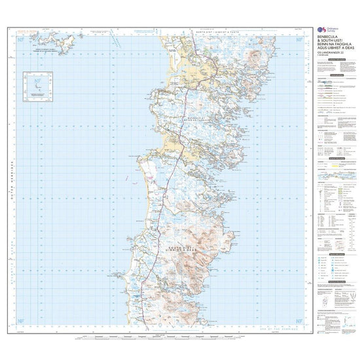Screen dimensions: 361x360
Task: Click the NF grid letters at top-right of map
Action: pyautogui.click(x=299, y=38)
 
